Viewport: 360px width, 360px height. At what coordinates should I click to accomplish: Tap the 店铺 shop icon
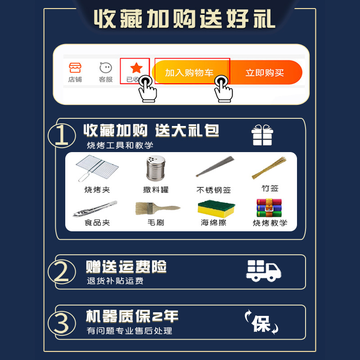75,68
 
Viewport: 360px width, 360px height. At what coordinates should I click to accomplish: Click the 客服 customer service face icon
106,68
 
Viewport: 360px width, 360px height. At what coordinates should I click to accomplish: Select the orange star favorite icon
136,68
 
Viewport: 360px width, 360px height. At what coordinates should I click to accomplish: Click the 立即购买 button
265,72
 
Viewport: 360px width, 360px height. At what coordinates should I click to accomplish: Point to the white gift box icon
262,135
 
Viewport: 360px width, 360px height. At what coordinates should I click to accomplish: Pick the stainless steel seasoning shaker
156,168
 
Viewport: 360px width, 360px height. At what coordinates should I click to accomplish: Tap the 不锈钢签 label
213,190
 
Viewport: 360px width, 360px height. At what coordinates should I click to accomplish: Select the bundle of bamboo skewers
269,168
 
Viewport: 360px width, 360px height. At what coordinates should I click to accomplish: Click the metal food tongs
95,209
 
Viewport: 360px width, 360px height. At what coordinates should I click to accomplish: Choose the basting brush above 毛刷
158,208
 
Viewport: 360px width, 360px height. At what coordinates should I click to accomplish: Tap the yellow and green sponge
216,209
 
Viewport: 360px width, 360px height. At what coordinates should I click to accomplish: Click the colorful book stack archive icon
269,208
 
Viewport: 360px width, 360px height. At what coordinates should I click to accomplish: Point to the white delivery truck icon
264,271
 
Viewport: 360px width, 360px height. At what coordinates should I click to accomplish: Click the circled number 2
62,272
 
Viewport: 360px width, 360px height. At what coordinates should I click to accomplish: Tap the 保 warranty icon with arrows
261,322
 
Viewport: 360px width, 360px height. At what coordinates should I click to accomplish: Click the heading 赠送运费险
126,267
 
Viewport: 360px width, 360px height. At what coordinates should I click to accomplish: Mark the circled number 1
62,135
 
